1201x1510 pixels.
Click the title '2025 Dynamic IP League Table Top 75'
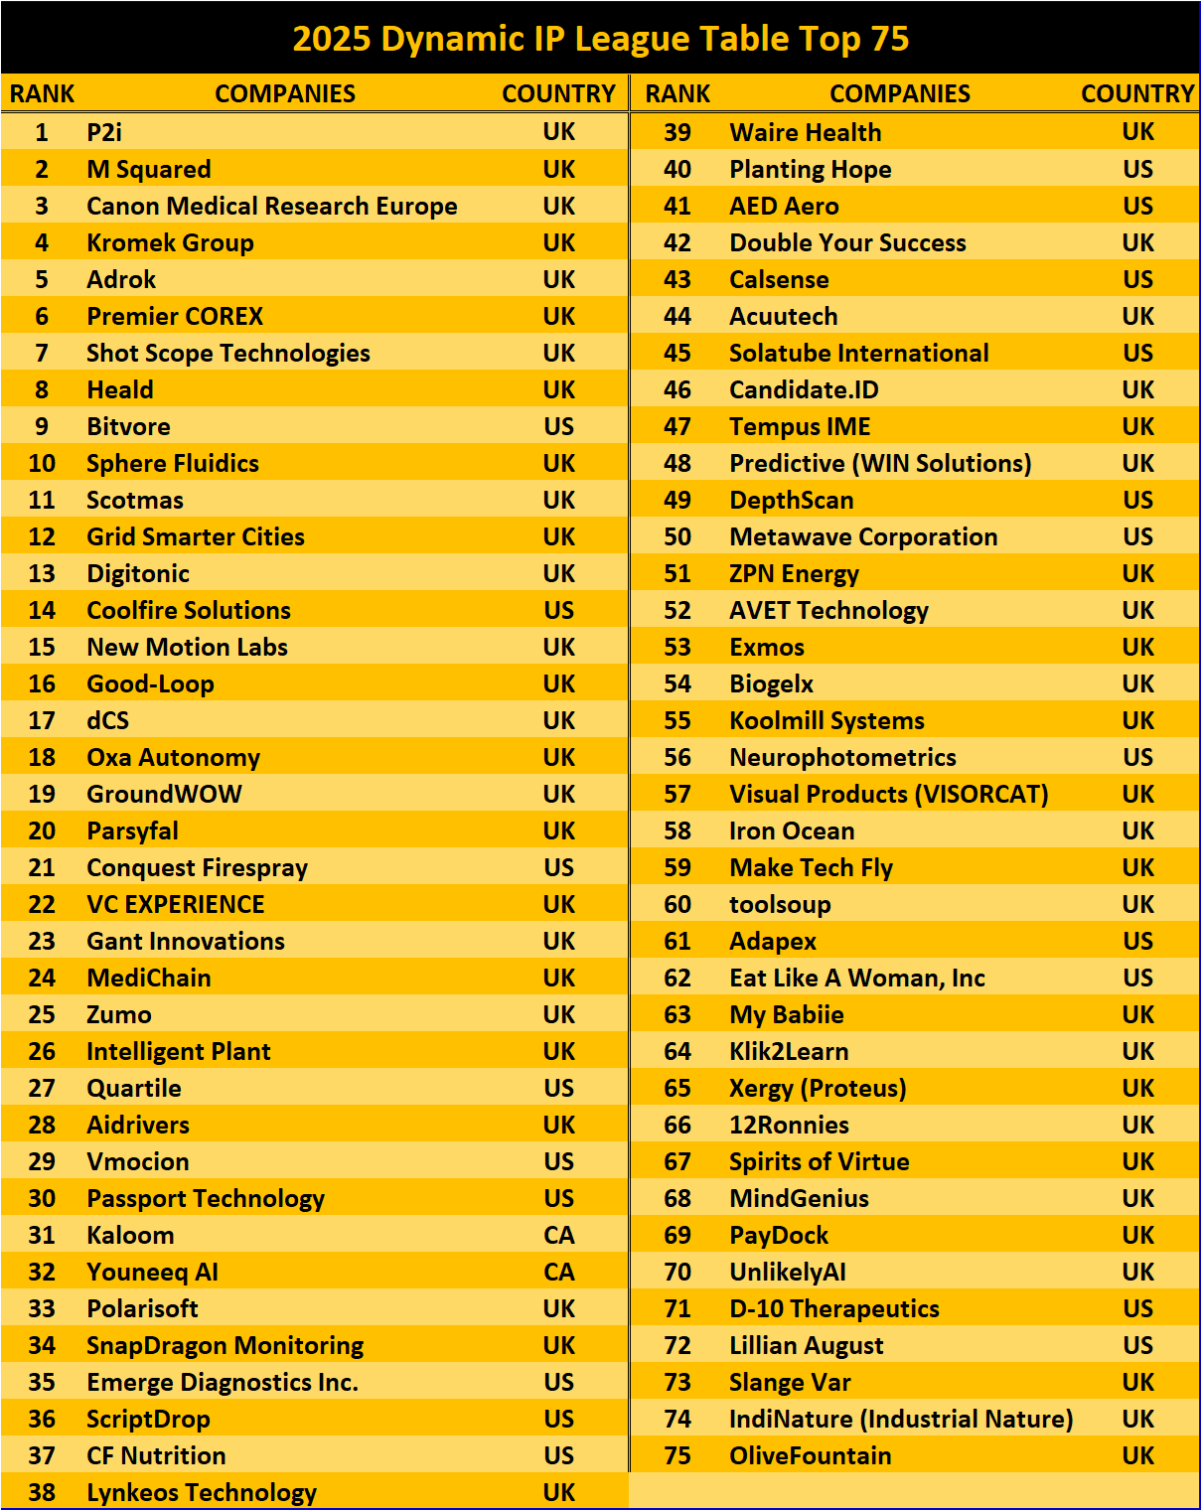click(x=600, y=38)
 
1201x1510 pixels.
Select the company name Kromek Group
click(x=170, y=242)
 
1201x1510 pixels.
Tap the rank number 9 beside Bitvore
click(x=42, y=426)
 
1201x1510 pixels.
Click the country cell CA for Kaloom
click(x=558, y=1235)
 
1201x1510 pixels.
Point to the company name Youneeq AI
click(x=152, y=1272)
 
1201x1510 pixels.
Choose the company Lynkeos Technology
click(x=202, y=1492)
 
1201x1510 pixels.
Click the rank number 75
click(x=676, y=1455)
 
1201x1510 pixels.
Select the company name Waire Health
click(x=805, y=132)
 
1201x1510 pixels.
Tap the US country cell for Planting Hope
click(x=1137, y=169)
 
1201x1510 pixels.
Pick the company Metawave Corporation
click(x=863, y=536)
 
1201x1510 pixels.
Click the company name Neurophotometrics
click(x=842, y=757)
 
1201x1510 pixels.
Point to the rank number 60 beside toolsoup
click(x=676, y=904)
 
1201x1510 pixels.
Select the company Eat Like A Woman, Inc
click(x=856, y=978)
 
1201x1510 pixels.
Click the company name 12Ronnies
click(x=789, y=1125)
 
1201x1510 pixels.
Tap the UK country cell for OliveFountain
click(x=1137, y=1455)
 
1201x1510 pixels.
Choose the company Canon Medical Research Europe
click(x=271, y=206)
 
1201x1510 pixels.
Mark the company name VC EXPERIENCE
click(x=175, y=904)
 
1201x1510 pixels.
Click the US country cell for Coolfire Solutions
click(x=558, y=610)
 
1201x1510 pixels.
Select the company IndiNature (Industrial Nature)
click(x=901, y=1419)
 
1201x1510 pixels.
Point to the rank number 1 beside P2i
click(x=42, y=132)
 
